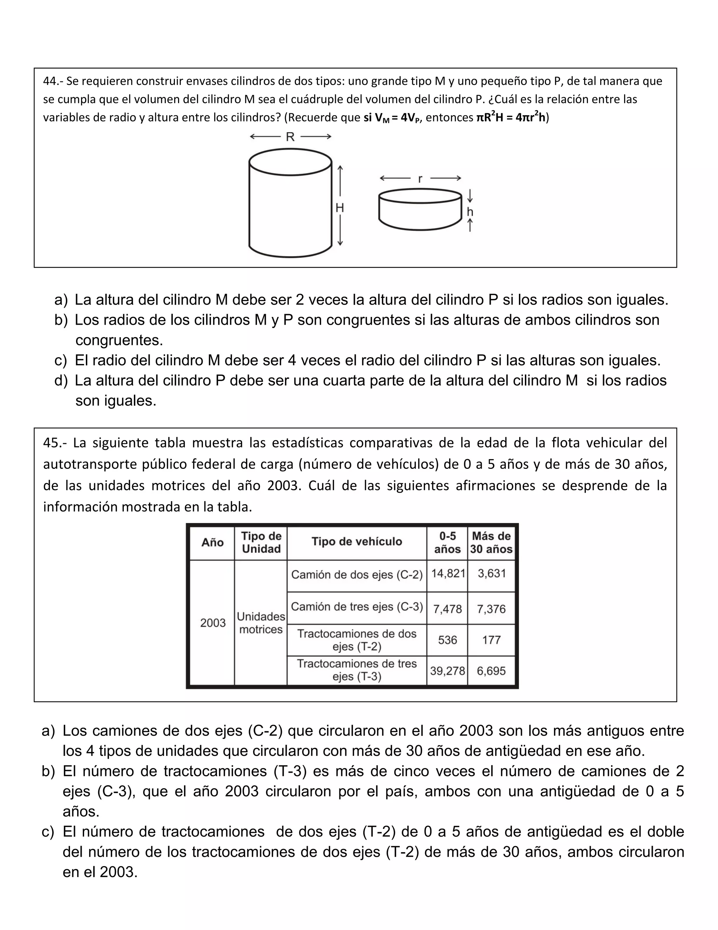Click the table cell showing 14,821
tap(448, 573)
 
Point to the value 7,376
tap(491, 609)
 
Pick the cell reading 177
tap(491, 640)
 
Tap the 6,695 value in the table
tap(491, 671)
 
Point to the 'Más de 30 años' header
tap(491, 543)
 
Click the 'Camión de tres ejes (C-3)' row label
tap(357, 607)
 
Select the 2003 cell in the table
tap(213, 623)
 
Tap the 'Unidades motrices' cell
tap(261, 623)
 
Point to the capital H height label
tap(340, 208)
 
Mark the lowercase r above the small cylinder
tap(420, 179)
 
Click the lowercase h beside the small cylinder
tap(470, 212)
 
